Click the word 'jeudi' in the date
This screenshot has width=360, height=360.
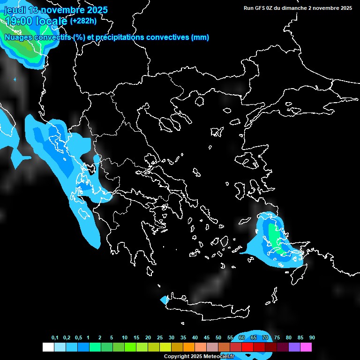15,10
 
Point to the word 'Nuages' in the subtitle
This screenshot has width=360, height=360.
18,37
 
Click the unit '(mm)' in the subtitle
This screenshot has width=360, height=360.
200,37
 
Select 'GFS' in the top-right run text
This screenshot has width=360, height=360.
259,8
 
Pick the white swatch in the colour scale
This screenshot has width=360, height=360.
48,347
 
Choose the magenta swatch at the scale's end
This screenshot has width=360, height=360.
306,347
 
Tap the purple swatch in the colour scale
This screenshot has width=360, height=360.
294,347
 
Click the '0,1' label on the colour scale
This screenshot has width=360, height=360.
55,338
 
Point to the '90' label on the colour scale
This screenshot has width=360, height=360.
312,338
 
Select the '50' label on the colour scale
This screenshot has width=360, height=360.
218,338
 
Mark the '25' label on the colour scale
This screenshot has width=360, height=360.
160,338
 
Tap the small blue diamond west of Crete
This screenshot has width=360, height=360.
165,299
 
